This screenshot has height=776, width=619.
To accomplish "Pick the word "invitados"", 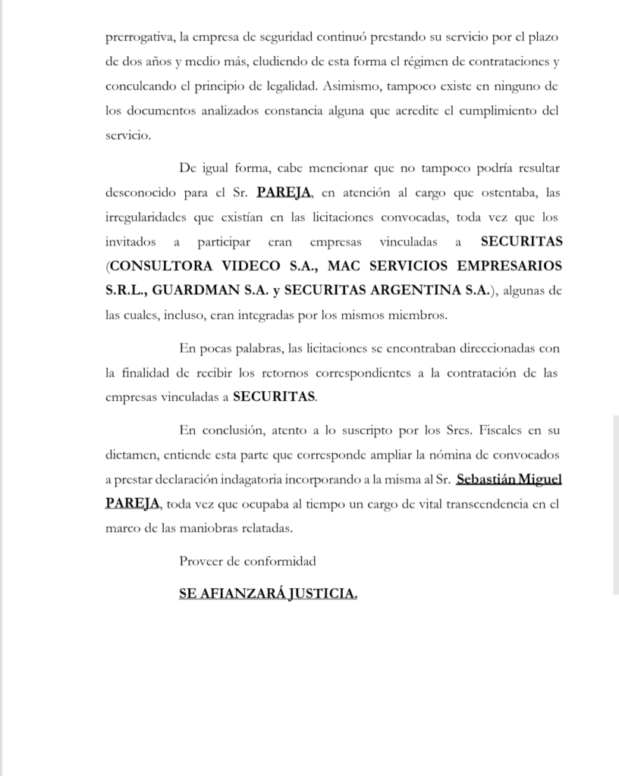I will [x=131, y=242].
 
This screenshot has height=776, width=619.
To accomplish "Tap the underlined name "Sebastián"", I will [x=487, y=479].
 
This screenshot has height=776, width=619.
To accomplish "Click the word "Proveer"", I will [x=200, y=562].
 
